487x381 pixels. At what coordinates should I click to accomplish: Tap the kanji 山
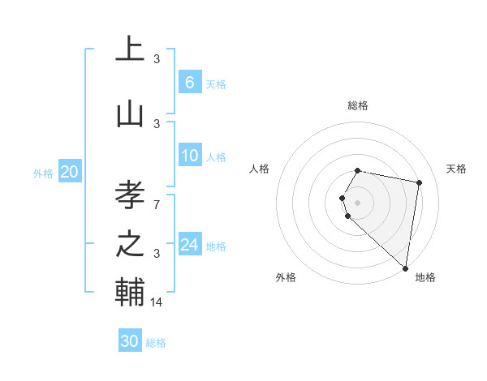coord(130,114)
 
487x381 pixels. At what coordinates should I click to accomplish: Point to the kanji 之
coord(130,244)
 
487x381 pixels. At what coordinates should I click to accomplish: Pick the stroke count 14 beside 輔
coord(157,302)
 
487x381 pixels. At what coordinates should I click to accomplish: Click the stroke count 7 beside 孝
coord(157,203)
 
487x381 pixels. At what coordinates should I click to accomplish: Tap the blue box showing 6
coord(189,83)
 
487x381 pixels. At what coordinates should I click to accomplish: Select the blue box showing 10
coord(189,156)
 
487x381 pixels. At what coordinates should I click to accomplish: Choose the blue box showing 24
coord(189,245)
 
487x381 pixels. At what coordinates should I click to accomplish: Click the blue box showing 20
coord(70,172)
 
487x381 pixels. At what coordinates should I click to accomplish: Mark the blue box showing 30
coord(130,341)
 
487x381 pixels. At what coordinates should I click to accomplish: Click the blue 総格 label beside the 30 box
coord(156,343)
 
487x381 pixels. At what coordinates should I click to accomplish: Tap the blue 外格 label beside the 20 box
coord(43,173)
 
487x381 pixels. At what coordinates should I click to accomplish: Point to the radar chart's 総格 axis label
coord(358,105)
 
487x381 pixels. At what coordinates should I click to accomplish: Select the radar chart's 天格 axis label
coord(456,169)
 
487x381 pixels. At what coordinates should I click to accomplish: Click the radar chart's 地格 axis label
coord(425,277)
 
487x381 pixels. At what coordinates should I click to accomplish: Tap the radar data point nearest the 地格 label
coord(405,268)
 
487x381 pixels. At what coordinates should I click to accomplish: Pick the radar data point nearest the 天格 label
coord(419,182)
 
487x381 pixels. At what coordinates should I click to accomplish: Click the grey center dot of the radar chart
coord(358,202)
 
